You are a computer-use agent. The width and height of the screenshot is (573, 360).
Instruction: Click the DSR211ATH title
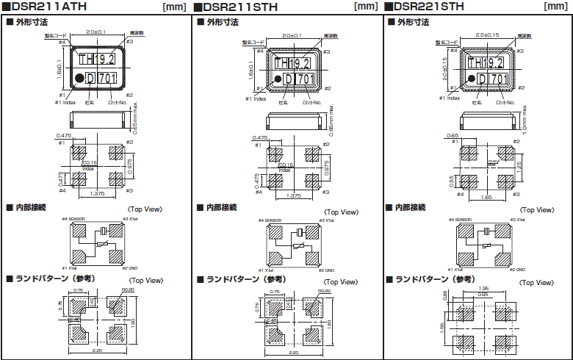pyautogui.click(x=40, y=7)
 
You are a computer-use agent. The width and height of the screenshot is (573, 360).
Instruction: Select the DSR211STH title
pyautogui.click(x=234, y=7)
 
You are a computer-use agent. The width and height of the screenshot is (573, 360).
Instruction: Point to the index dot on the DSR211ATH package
pyautogui.click(x=78, y=77)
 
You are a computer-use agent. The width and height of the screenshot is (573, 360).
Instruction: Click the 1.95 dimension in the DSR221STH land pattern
pyautogui.click(x=483, y=289)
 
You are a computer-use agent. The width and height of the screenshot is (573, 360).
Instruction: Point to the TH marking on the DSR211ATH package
pyautogui.click(x=86, y=59)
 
